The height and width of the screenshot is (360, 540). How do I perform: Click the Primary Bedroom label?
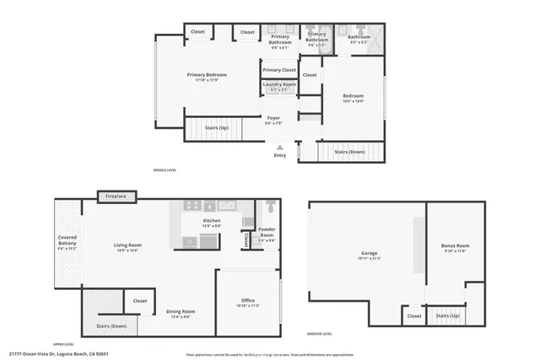tap(207, 75)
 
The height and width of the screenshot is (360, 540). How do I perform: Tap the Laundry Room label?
tap(278, 84)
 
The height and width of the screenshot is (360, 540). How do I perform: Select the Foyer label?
tap(273, 118)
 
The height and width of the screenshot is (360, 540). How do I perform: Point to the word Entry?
tap(280, 155)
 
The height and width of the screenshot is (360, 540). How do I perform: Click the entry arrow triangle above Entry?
tap(280, 147)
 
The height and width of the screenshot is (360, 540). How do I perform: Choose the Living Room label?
tap(128, 246)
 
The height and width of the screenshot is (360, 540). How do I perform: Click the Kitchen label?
tap(212, 221)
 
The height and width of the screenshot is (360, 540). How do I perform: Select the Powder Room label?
tap(267, 232)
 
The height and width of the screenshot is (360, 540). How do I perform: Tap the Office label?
tap(248, 301)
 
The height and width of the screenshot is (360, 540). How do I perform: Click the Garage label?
tap(369, 253)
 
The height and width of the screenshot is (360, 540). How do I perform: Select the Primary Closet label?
tap(278, 70)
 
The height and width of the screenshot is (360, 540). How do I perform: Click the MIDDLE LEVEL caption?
tap(165, 170)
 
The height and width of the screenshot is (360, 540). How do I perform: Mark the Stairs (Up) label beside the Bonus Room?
tap(448, 316)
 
